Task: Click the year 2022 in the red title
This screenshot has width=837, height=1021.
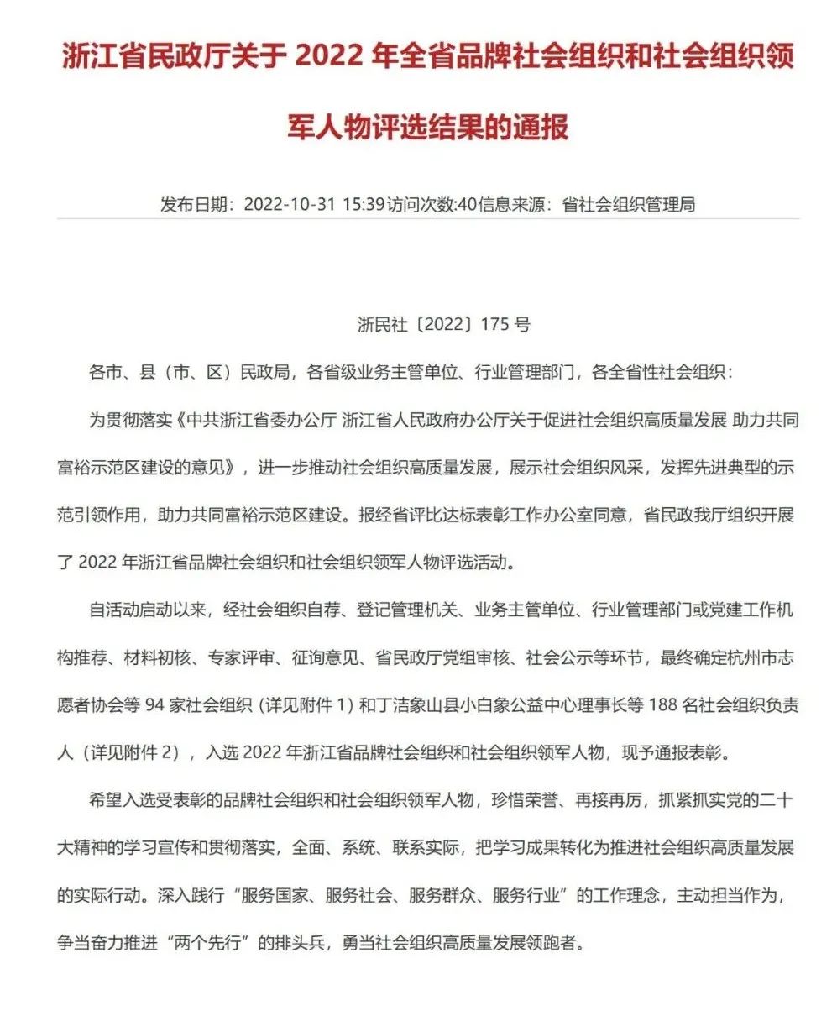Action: [332, 58]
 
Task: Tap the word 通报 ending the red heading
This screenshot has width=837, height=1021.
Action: [543, 126]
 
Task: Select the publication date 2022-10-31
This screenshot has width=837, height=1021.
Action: [290, 204]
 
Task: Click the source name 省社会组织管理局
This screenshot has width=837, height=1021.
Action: [629, 204]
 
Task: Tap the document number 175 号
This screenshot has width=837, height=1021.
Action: [505, 324]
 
